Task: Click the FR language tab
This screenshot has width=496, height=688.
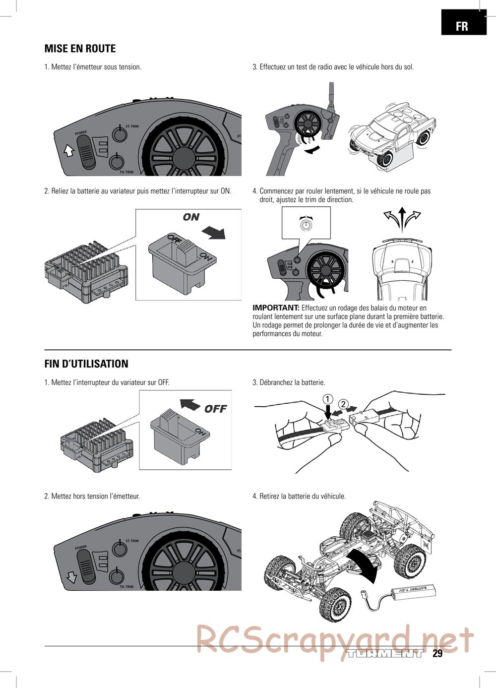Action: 463,25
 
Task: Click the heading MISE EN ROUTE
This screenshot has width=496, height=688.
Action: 80,49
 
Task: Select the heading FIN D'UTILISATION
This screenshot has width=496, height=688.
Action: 86,364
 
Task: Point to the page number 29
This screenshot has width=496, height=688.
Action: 437,653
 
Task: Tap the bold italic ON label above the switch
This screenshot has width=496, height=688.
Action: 191,217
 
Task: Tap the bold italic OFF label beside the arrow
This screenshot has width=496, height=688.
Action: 215,409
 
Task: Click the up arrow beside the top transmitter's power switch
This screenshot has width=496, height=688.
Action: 69,149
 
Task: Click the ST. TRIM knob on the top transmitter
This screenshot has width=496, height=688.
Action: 118,133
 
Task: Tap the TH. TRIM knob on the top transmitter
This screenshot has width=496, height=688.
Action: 116,162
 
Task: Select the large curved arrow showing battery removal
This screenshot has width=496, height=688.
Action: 367,566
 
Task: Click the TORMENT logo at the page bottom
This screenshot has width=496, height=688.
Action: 385,653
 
